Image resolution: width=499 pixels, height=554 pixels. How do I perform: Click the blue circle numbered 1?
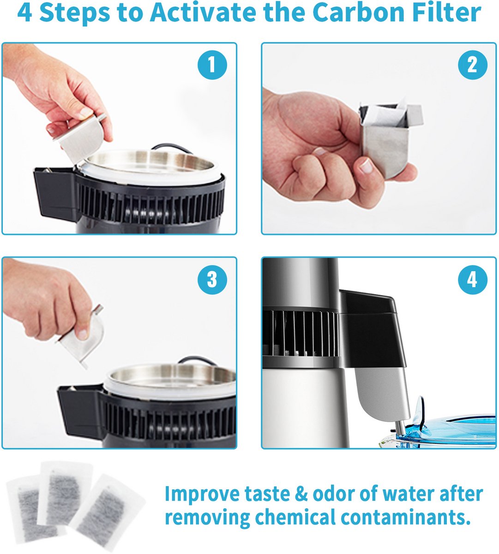click(212, 65)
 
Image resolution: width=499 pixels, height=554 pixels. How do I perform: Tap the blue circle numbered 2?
click(473, 65)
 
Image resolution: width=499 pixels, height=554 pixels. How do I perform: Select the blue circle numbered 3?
click(212, 279)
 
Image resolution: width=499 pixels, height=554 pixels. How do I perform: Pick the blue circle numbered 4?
click(473, 279)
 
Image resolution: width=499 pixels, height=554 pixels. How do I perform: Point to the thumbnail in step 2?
click(366, 166)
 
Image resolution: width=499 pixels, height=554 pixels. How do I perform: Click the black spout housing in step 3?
click(80, 408)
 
